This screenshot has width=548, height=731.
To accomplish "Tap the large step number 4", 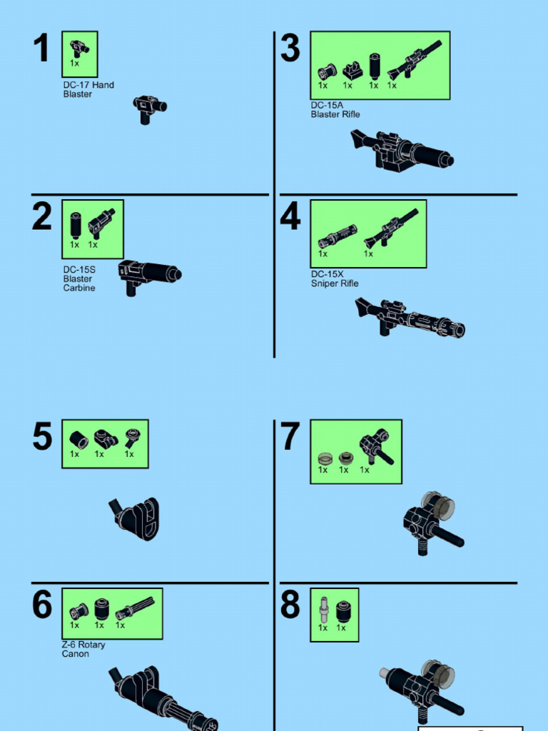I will pos(290,217).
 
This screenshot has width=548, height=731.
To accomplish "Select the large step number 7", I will pos(290,437).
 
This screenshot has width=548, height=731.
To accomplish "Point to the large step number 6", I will pos(42,605).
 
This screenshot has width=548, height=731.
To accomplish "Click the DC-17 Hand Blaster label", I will pos(88,89).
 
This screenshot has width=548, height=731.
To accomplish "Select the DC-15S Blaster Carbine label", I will pos(78,279).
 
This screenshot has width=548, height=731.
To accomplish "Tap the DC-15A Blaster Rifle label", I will pos(335,109).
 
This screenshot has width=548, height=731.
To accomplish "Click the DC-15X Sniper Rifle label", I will pos(334,278).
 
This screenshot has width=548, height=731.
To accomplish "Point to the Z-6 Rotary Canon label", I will pos(83,649).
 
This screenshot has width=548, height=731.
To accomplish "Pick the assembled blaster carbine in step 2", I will pos(148,276).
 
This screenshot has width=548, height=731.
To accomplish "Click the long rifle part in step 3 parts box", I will pos(414,60).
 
